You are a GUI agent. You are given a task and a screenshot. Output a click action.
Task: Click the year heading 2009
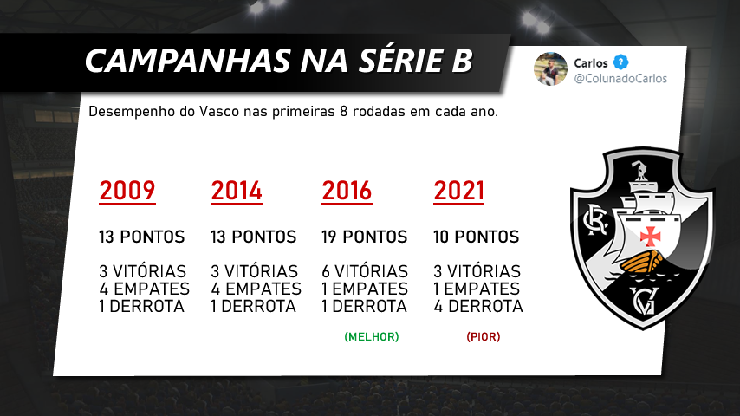pyautogui.click(x=127, y=191)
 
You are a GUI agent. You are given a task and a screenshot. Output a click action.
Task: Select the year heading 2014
pyautogui.click(x=237, y=191)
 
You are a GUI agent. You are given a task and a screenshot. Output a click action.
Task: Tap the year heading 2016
pyautogui.click(x=347, y=191)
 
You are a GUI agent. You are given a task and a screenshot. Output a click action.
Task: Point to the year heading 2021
pyautogui.click(x=458, y=191)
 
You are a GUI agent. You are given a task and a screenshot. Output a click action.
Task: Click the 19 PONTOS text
pyautogui.click(x=364, y=237)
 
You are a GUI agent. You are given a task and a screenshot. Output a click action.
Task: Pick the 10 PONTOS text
pyautogui.click(x=477, y=237)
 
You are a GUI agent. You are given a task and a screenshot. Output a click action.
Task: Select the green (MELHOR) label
pyautogui.click(x=372, y=336)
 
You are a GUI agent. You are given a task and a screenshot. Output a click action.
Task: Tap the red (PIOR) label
pyautogui.click(x=484, y=336)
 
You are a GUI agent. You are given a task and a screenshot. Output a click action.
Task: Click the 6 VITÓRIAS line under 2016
pyautogui.click(x=365, y=271)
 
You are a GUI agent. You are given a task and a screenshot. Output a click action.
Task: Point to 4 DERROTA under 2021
pyautogui.click(x=478, y=306)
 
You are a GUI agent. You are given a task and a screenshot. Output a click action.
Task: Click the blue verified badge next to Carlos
pyautogui.click(x=620, y=62)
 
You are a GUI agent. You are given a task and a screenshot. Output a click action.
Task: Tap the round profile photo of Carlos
pyautogui.click(x=550, y=69)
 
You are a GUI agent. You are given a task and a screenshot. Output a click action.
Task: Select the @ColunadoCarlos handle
pyautogui.click(x=620, y=78)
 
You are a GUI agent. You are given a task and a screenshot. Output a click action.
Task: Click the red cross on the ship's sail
pyautogui.click(x=650, y=236)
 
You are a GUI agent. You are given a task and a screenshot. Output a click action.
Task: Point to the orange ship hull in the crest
pyautogui.click(x=642, y=262)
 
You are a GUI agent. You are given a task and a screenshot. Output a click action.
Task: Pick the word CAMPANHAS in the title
pyautogui.click(x=187, y=61)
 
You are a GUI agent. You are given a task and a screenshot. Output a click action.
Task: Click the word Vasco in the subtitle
pyautogui.click(x=219, y=112)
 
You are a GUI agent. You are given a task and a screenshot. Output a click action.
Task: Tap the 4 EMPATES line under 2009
pyautogui.click(x=145, y=289)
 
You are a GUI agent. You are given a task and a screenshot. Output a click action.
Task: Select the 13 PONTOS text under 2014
pyautogui.click(x=253, y=237)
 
